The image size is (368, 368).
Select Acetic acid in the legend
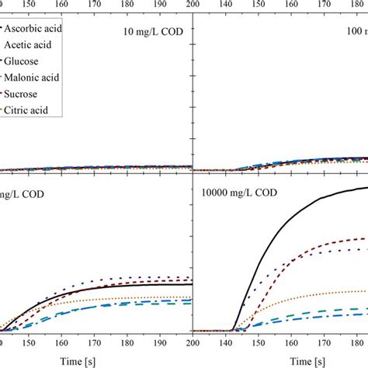pos(33,45)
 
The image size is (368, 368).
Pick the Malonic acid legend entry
pos(34,77)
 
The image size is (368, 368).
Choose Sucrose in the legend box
pos(27,94)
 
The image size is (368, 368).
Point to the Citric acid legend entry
pos(30,110)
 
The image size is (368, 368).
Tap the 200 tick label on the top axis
pos(191,5)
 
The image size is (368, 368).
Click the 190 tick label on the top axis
pos(160,5)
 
